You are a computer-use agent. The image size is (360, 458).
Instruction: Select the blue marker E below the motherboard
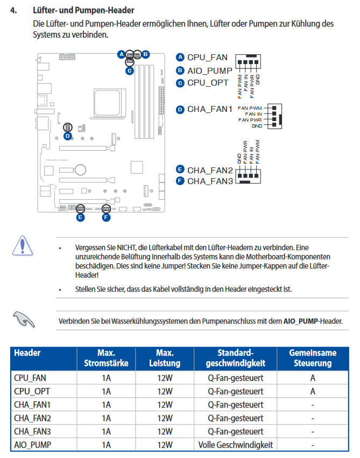pyautogui.click(x=80, y=217)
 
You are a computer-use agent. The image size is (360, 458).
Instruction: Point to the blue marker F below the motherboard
pyautogui.click(x=105, y=217)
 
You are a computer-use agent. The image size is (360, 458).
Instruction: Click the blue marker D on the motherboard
pyautogui.click(x=67, y=136)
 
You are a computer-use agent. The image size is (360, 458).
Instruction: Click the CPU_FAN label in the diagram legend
pyautogui.click(x=207, y=58)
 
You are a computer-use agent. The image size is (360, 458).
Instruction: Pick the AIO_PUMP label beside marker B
pyautogui.click(x=209, y=71)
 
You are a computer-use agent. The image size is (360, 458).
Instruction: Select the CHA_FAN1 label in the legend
pyautogui.click(x=209, y=109)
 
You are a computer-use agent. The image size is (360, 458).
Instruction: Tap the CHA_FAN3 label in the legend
pyautogui.click(x=210, y=181)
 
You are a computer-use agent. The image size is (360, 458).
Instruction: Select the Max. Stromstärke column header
pyautogui.click(x=106, y=358)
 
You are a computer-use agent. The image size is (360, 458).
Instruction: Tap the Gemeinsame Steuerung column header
pyautogui.click(x=313, y=358)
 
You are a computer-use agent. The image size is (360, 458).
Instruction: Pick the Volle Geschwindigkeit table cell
pyautogui.click(x=235, y=445)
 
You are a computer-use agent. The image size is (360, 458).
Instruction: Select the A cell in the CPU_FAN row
pyautogui.click(x=313, y=377)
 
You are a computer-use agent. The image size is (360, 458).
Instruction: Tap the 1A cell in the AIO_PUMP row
pyautogui.click(x=106, y=445)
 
